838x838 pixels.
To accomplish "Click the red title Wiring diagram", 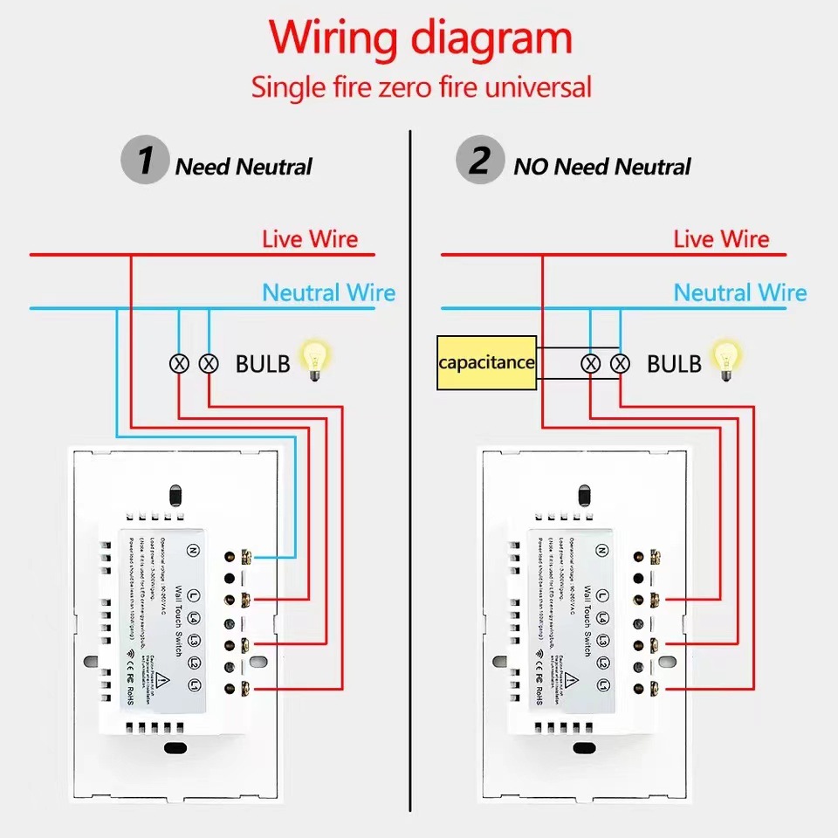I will click(420, 39).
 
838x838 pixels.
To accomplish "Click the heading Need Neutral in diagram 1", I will click(244, 167).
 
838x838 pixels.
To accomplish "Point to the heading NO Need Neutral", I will click(602, 167).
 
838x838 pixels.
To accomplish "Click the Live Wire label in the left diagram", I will click(310, 239).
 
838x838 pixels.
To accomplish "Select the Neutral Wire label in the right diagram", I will click(740, 292).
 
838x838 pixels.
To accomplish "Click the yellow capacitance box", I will click(486, 361).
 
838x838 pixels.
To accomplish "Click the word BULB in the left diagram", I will click(262, 364).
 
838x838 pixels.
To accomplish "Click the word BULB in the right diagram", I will click(673, 364).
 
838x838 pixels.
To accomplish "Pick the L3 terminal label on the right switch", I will click(602, 642).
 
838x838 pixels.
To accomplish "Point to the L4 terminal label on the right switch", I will click(602, 619).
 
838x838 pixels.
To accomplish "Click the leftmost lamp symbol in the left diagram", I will click(179, 363).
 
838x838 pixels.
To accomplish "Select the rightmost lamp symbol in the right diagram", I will click(621, 363).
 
